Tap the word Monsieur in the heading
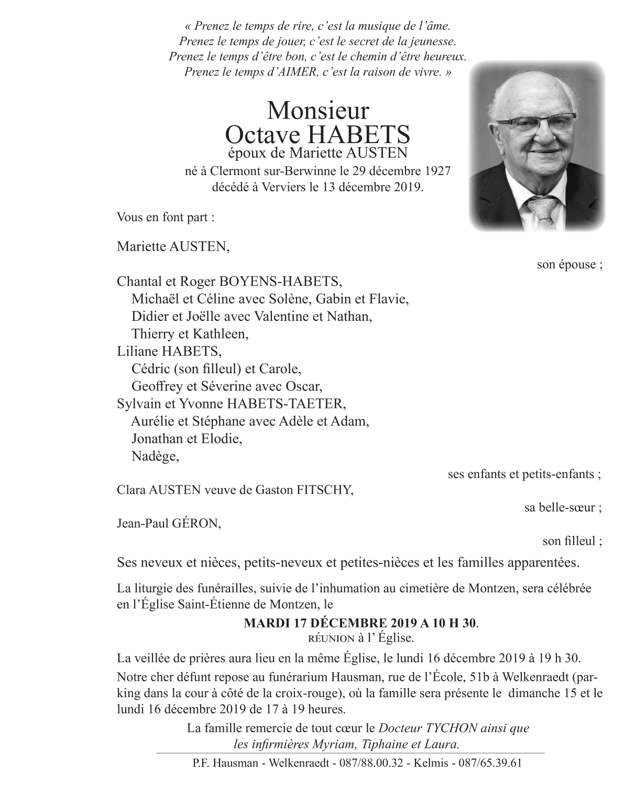tap(318, 111)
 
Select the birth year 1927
tap(436, 171)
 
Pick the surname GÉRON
tap(196, 524)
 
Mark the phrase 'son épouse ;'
tap(569, 264)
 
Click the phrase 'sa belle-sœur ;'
tap(563, 507)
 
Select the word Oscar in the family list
tap(302, 386)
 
